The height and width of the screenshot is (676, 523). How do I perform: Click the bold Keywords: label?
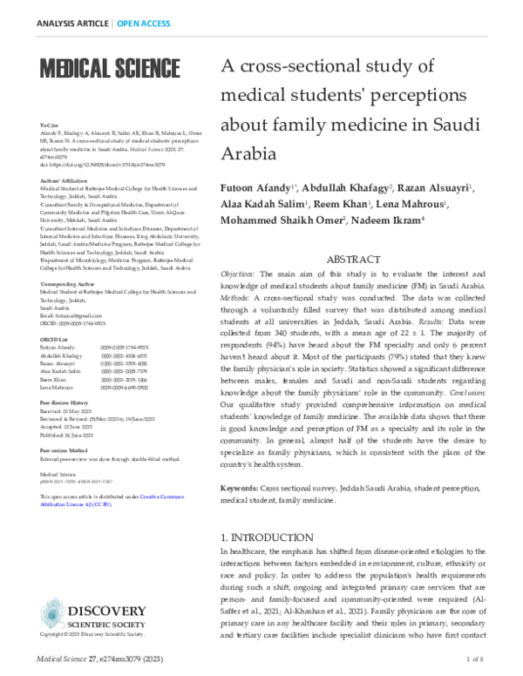coord(243,490)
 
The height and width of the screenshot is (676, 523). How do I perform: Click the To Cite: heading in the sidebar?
coord(48,125)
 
